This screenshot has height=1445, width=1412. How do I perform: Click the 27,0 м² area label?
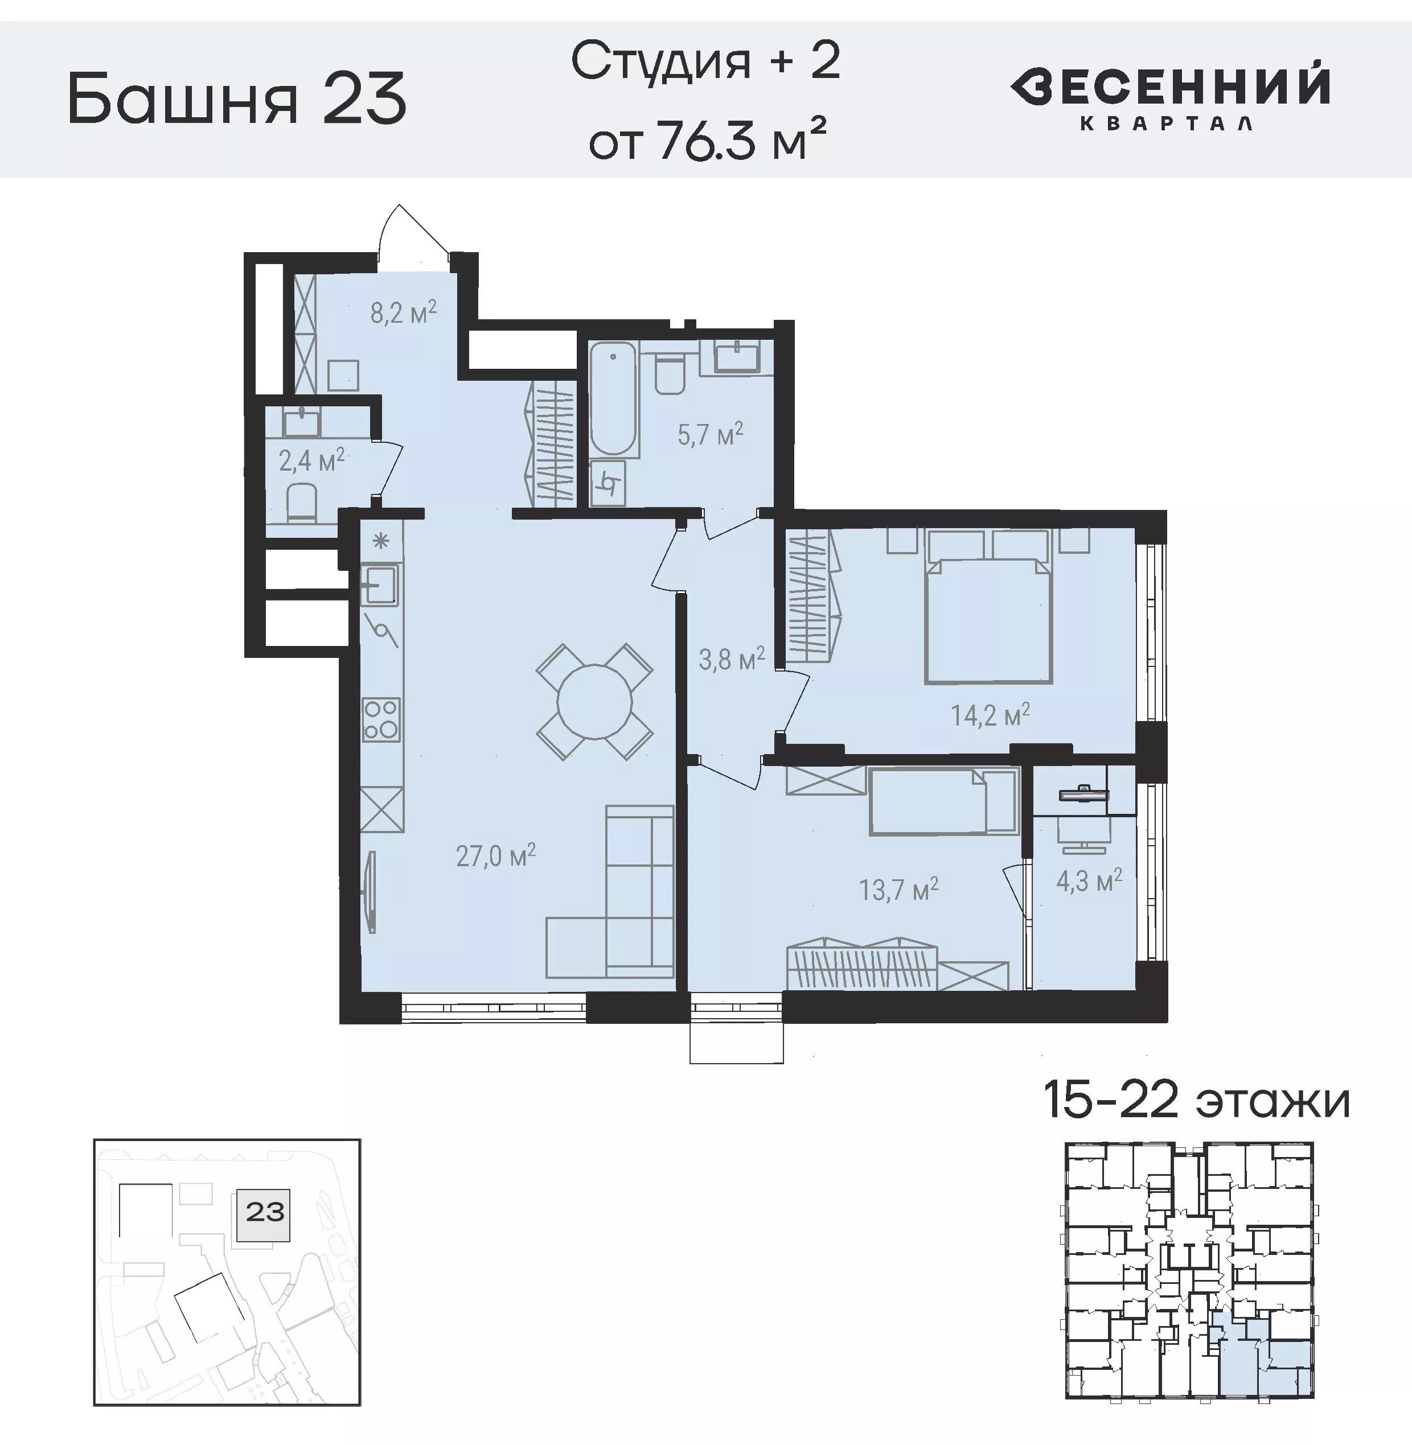pyautogui.click(x=495, y=857)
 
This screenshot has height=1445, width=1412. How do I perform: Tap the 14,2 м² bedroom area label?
pyautogui.click(x=990, y=715)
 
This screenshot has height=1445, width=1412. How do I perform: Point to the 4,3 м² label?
pyautogui.click(x=1089, y=881)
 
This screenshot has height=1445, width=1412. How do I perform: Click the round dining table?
pyautogui.click(x=594, y=701)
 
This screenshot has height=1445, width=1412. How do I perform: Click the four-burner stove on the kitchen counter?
pyautogui.click(x=380, y=719)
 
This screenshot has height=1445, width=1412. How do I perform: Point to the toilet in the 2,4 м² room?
pyautogui.click(x=302, y=502)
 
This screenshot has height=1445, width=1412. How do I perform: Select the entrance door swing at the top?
pyautogui.click(x=412, y=233)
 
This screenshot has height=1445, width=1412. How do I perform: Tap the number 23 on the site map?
pyautogui.click(x=265, y=1212)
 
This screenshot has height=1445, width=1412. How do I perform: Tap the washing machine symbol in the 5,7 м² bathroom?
pyautogui.click(x=609, y=483)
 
